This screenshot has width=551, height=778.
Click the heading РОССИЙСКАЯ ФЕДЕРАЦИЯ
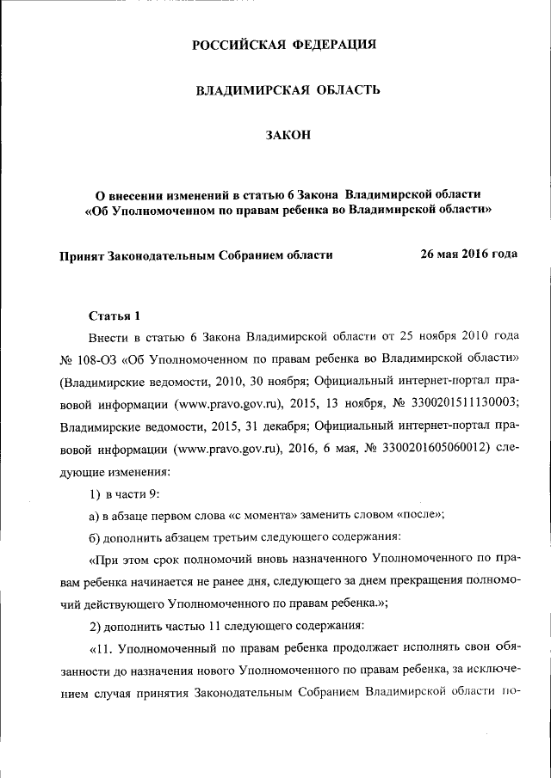[284, 44]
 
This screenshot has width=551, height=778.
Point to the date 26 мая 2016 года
[468, 254]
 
